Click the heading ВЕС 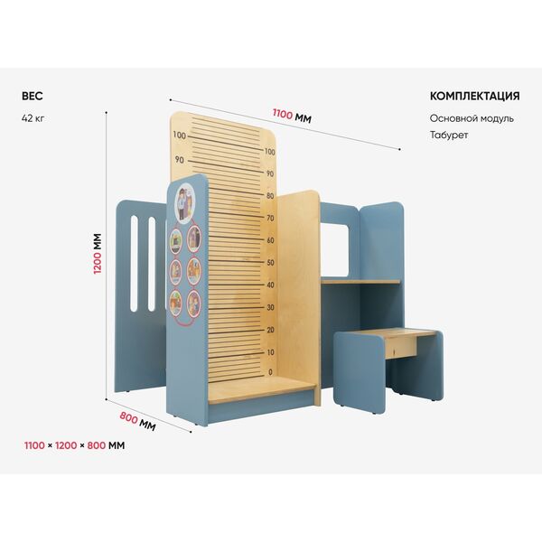point(33,96)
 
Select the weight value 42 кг point(33,118)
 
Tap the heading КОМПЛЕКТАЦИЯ point(474,96)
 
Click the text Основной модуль point(472,118)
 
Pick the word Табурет point(449,135)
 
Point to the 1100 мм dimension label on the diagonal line point(292,116)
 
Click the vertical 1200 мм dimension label point(98,254)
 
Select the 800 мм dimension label point(137,421)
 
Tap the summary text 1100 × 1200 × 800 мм point(74,445)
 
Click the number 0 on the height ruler point(270,372)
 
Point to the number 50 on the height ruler point(270,262)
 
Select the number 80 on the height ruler point(270,196)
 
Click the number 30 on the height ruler point(270,307)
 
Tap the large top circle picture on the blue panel point(185,202)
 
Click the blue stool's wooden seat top point(397,333)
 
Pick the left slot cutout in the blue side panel point(134,264)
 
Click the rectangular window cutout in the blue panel point(334,250)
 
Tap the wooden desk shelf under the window point(360,282)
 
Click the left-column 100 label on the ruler point(180,135)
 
